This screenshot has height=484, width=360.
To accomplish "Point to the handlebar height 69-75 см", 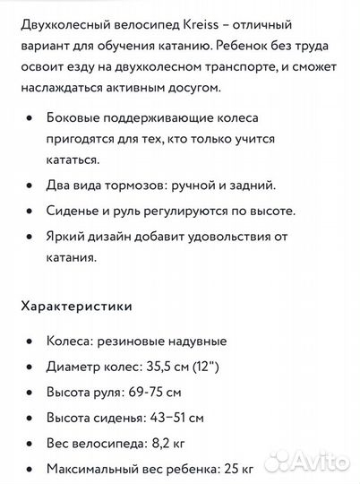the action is point(158,392).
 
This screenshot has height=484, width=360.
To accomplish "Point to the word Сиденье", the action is point(75,211).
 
